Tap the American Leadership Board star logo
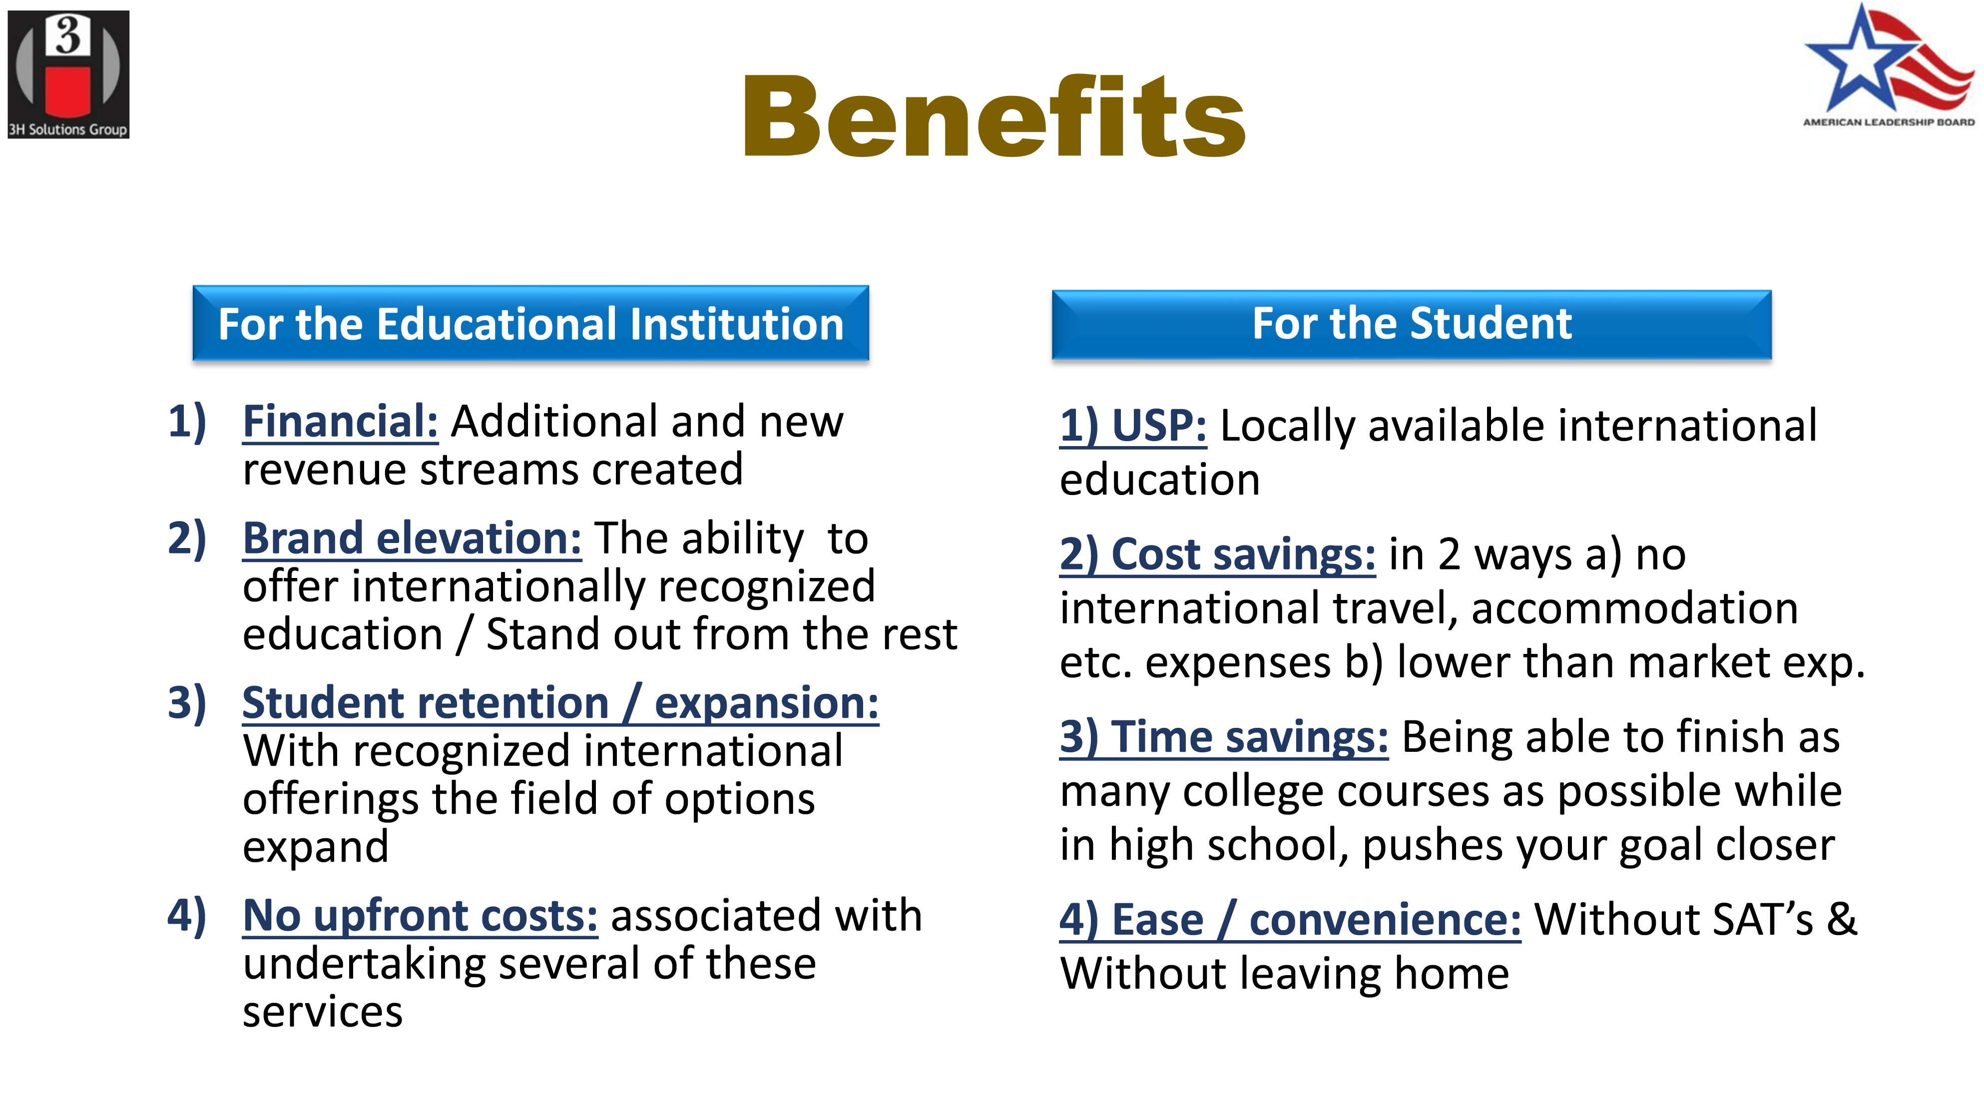(x=1889, y=65)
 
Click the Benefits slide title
(x=993, y=117)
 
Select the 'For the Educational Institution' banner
(x=530, y=324)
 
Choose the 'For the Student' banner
(x=1412, y=324)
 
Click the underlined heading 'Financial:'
(x=341, y=422)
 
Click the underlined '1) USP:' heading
(x=1133, y=426)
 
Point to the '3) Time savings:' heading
(x=1224, y=737)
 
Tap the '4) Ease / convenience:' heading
(x=1290, y=920)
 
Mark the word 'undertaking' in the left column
(x=364, y=966)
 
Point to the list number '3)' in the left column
(x=187, y=703)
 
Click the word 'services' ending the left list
(x=323, y=1012)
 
